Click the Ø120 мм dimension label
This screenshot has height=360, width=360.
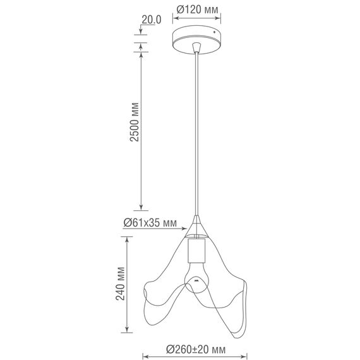[x=197, y=9]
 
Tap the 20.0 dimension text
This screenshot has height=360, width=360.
[x=152, y=20]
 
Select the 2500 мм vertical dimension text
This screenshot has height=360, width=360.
[x=135, y=122]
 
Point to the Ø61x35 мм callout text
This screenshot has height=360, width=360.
[x=150, y=223]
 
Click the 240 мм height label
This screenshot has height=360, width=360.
[x=120, y=284]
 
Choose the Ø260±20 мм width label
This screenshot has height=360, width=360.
[x=196, y=349]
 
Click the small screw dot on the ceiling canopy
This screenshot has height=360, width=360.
[x=215, y=32]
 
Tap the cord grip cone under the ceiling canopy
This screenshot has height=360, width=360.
[x=196, y=47]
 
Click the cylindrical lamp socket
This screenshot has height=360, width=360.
[x=196, y=251]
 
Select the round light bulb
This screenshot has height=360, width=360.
[x=196, y=278]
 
